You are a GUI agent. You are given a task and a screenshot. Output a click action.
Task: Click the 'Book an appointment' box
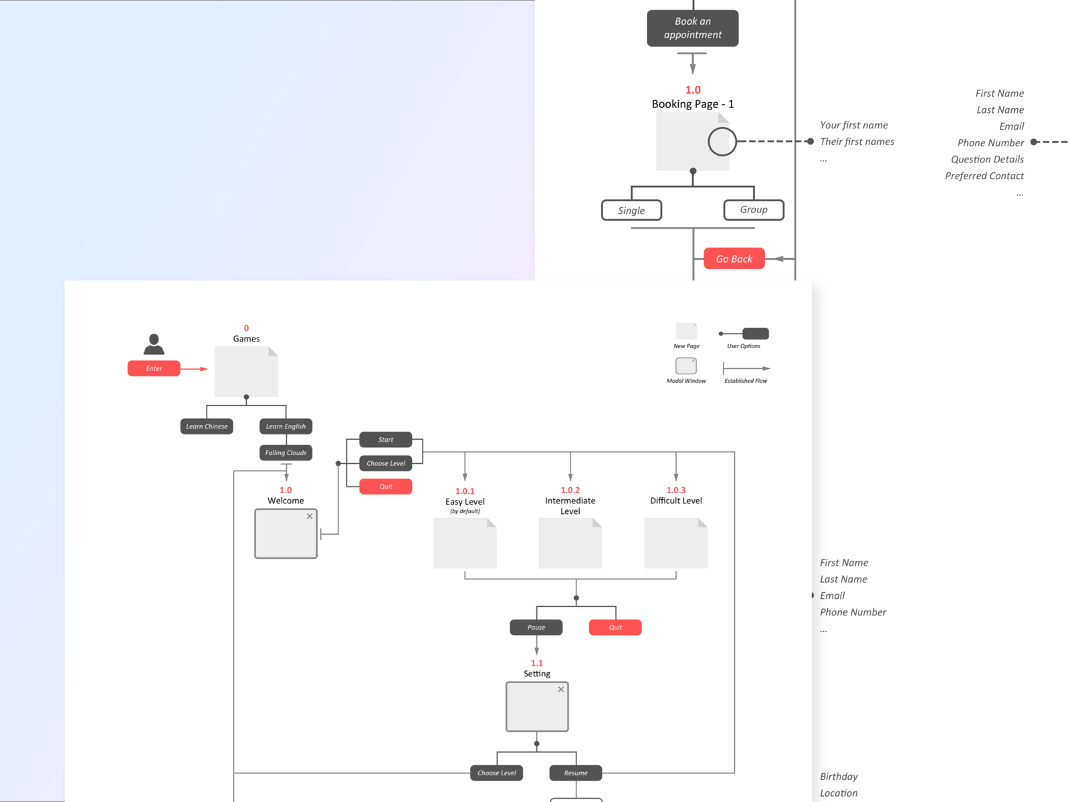click(692, 28)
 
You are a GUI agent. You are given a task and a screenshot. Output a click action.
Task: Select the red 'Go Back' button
click(734, 259)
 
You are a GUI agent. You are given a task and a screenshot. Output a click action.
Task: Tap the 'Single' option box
click(631, 211)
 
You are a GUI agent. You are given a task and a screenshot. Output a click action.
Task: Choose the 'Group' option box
click(754, 210)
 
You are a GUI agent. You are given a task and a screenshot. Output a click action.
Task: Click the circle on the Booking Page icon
click(722, 142)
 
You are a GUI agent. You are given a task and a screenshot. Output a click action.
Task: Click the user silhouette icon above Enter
click(154, 344)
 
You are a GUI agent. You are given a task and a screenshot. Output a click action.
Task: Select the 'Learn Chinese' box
click(207, 426)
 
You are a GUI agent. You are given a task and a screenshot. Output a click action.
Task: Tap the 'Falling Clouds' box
click(286, 453)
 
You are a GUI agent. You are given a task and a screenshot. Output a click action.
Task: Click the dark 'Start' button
click(386, 440)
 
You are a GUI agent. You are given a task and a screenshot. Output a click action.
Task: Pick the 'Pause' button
click(536, 628)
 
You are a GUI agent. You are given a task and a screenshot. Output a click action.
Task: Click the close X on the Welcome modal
click(310, 517)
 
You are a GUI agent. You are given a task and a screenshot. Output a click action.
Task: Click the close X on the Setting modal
click(561, 690)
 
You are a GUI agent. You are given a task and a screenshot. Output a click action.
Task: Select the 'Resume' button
click(575, 773)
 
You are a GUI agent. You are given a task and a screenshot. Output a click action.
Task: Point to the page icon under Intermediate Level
click(570, 544)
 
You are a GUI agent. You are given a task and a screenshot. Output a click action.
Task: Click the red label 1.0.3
click(675, 490)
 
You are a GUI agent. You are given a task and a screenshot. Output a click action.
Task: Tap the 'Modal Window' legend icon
click(685, 366)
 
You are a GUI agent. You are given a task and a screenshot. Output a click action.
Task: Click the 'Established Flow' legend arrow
click(746, 368)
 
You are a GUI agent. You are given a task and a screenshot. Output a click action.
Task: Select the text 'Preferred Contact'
click(984, 176)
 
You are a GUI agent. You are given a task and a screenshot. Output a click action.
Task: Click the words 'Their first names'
click(857, 142)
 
